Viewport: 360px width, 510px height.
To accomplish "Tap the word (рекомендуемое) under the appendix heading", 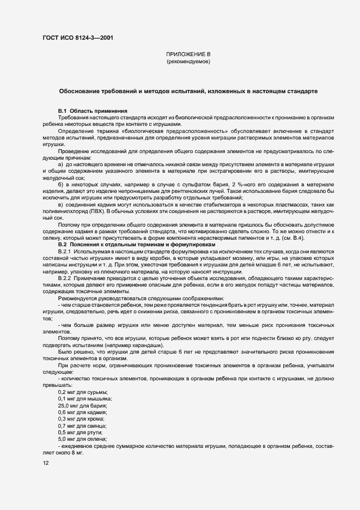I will pos(188,62).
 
